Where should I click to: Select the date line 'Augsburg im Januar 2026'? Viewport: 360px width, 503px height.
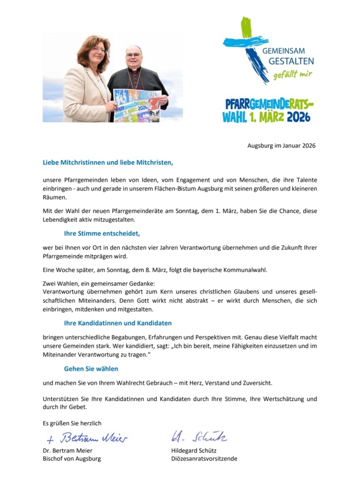[x=282, y=146]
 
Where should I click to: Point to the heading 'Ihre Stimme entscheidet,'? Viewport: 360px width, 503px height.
[x=102, y=233]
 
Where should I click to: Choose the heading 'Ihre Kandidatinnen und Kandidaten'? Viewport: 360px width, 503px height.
[x=118, y=323]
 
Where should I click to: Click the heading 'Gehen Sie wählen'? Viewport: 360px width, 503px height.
[x=91, y=369]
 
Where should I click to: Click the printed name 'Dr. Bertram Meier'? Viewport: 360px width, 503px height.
[x=67, y=450]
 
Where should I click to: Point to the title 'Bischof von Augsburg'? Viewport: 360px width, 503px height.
[x=72, y=459]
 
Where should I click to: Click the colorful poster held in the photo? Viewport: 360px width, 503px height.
[x=137, y=105]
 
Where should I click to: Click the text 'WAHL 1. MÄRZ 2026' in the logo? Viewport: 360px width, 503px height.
[x=266, y=117]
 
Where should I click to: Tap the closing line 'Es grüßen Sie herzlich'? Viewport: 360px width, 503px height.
[x=72, y=423]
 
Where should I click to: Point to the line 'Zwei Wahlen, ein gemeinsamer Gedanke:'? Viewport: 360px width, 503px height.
[x=98, y=283]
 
